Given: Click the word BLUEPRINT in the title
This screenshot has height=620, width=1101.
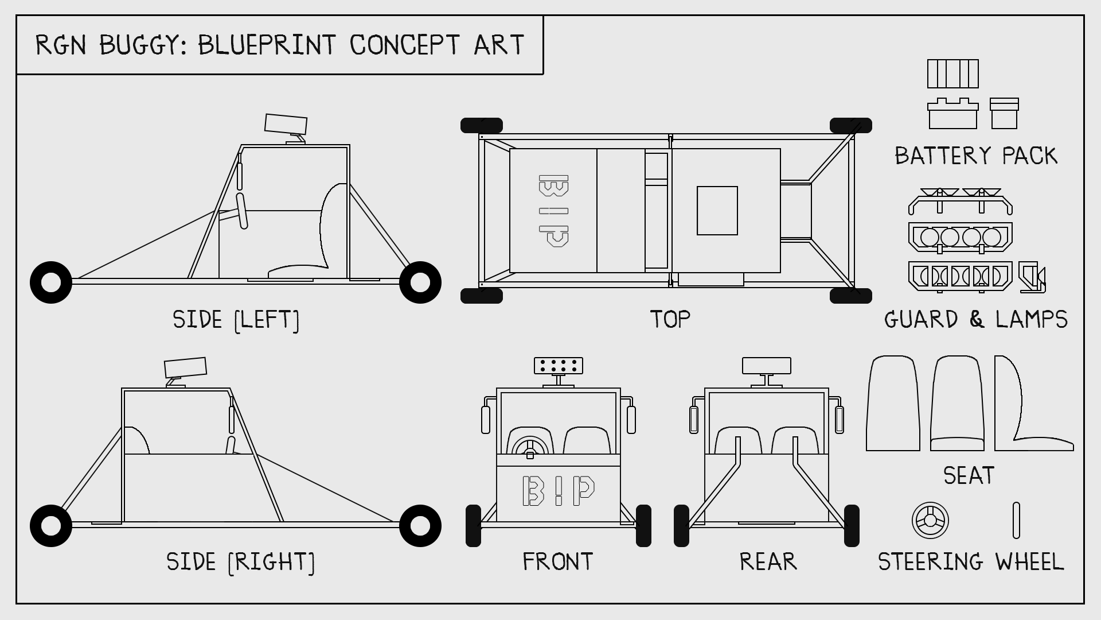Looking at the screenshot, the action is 267,45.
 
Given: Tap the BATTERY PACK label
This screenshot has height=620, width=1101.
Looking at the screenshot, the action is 976,156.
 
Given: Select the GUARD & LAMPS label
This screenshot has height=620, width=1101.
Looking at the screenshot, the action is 976,319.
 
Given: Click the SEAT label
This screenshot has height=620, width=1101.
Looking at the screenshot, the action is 969,475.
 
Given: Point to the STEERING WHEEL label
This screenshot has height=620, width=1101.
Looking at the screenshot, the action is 971,561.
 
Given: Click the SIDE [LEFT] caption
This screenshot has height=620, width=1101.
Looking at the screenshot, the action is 236,320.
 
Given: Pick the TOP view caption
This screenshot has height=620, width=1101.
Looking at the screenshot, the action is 670,319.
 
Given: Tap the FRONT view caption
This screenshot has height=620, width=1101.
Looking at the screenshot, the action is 557,561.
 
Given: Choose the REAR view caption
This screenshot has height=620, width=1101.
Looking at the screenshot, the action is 768,561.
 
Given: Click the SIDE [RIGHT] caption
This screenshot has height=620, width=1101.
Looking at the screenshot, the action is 241,562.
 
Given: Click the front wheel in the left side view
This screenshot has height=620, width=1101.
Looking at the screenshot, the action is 51,282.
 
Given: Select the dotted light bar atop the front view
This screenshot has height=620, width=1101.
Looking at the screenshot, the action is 559,366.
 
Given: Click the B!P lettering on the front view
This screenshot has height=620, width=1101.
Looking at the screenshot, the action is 559,491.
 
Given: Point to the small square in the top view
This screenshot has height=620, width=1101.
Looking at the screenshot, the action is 717,211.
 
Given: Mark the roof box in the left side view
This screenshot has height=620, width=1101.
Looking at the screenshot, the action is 286,123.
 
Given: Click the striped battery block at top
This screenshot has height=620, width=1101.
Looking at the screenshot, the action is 953,74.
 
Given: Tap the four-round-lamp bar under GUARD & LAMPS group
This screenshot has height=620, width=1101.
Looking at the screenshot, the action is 961,237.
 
